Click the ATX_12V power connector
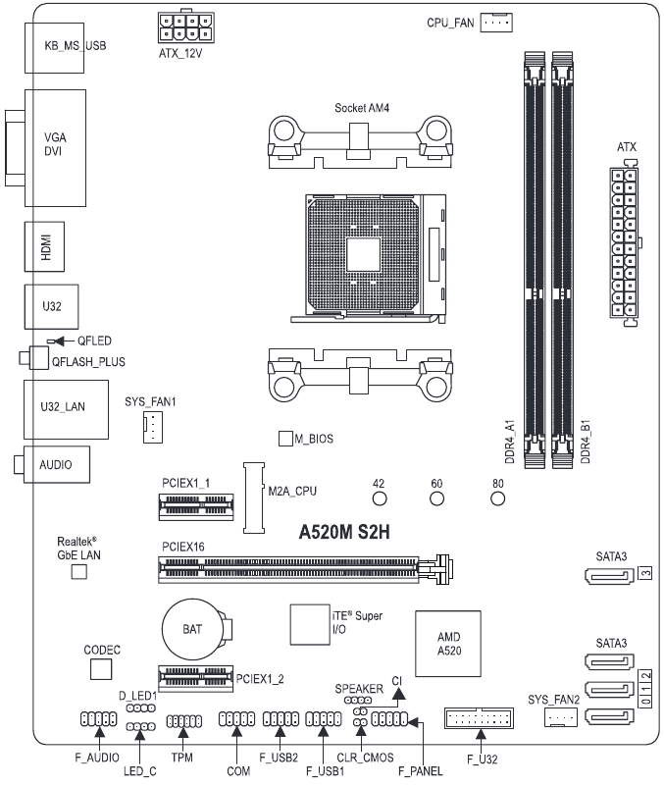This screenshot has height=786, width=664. tap(187, 23)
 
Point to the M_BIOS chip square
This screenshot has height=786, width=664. tap(285, 438)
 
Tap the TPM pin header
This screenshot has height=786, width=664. tap(182, 723)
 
